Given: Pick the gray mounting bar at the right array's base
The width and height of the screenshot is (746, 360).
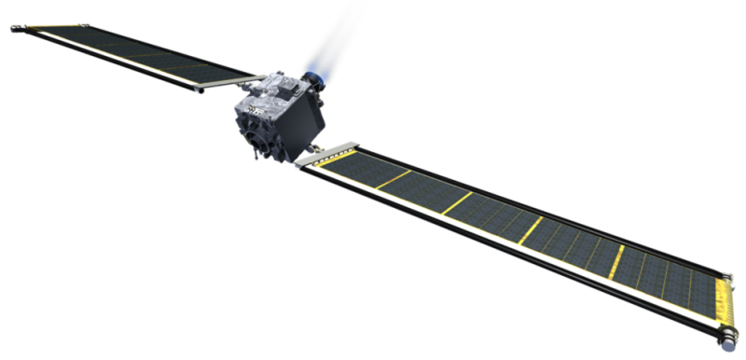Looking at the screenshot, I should coord(325,154).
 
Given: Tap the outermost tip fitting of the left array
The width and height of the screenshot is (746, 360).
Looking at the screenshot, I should coord(16,29).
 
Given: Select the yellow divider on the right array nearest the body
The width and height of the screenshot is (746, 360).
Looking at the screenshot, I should coord(393,179).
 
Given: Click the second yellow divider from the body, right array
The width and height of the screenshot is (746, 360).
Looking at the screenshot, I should coord(457,203).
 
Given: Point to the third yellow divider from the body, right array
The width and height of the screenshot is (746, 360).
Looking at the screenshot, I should coord(530,230).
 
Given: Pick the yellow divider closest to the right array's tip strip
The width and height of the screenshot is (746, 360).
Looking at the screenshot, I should coord(616,262).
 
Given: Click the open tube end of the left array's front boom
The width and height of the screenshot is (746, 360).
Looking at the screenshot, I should coord(197,90).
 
